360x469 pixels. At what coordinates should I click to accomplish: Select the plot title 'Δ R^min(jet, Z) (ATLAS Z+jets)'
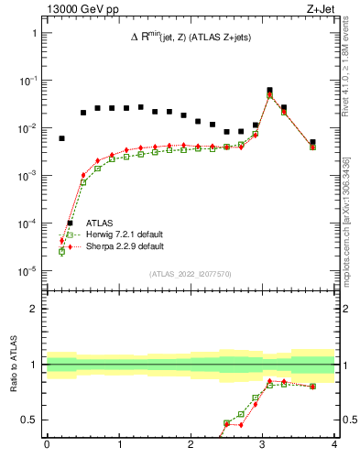(x=191, y=36)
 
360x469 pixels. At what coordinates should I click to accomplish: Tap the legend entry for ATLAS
(x=102, y=223)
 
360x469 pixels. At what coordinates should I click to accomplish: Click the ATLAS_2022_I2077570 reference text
(x=191, y=273)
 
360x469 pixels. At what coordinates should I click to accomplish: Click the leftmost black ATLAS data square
(x=61, y=138)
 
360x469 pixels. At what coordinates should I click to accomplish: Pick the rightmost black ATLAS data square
(x=312, y=142)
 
